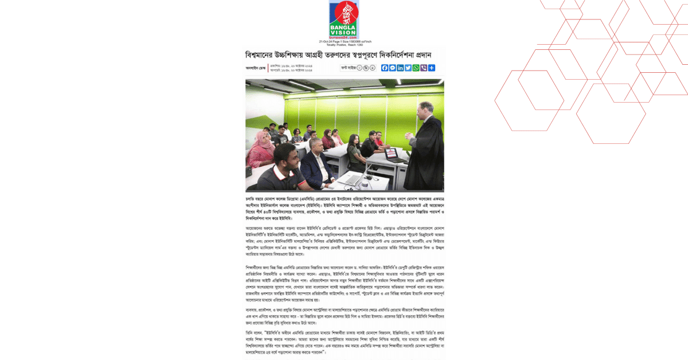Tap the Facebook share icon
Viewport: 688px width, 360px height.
pyautogui.click(x=385, y=68)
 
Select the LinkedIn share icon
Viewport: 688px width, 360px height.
pyautogui.click(x=400, y=68)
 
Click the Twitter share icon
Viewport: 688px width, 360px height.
pyautogui.click(x=408, y=68)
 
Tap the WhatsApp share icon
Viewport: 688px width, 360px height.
pyautogui.click(x=416, y=68)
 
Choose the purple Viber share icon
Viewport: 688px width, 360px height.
pyautogui.click(x=424, y=68)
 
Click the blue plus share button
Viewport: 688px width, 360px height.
pyautogui.click(x=432, y=68)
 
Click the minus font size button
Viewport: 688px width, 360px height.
pyautogui.click(x=359, y=68)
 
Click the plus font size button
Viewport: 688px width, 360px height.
pyautogui.click(x=373, y=68)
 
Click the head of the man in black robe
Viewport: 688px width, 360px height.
pyautogui.click(x=429, y=108)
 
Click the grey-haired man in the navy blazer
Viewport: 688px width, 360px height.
pyautogui.click(x=313, y=162)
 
